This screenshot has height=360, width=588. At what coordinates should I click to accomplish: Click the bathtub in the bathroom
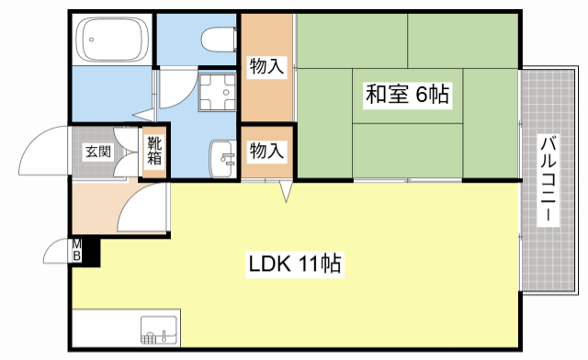coord(112,40)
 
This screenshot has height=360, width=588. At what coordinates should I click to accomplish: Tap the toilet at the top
coord(218,38)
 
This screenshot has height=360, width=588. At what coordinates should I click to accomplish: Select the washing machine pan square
coord(218,92)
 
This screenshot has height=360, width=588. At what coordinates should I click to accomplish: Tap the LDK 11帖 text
coord(294,265)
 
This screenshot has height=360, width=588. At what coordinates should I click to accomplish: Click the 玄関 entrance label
coord(97,152)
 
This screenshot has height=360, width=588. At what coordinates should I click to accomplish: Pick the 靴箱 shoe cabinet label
coord(153,152)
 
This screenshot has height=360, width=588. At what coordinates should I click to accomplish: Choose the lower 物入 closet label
coord(267,151)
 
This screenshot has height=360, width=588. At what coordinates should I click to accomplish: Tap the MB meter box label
coord(78,251)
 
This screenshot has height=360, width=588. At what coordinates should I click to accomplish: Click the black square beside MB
coord(92,251)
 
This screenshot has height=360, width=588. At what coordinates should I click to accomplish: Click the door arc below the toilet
coord(179,92)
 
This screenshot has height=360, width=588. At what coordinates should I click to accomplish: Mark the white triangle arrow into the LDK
coord(287,192)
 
